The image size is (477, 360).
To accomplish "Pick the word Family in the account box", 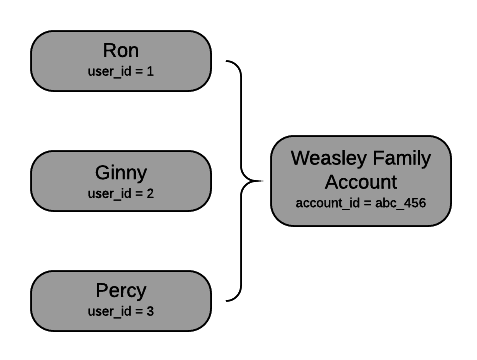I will pyautogui.click(x=405, y=158).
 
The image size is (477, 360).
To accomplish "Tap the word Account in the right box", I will pyautogui.click(x=361, y=182).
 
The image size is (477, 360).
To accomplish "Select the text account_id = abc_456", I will pyautogui.click(x=361, y=203).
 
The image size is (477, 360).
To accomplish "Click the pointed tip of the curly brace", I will pyautogui.click(x=262, y=182).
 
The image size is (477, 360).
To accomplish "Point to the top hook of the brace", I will pyautogui.click(x=230, y=63).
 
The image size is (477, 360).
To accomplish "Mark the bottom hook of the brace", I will pyautogui.click(x=230, y=299).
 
